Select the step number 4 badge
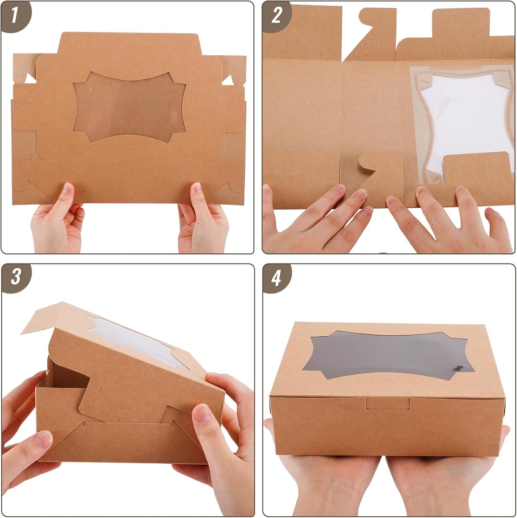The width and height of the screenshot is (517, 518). coord(276,278)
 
